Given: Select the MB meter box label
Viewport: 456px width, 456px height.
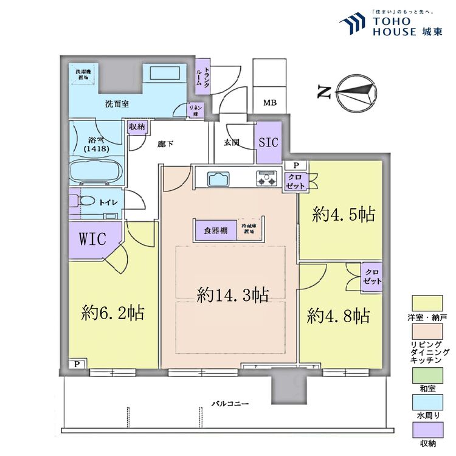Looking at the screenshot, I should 269,103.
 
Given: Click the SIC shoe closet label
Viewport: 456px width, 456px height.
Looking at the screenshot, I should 268,143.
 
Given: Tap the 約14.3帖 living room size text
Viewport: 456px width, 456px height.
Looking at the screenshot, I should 233,295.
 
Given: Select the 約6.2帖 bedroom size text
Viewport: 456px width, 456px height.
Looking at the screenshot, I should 112,313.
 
